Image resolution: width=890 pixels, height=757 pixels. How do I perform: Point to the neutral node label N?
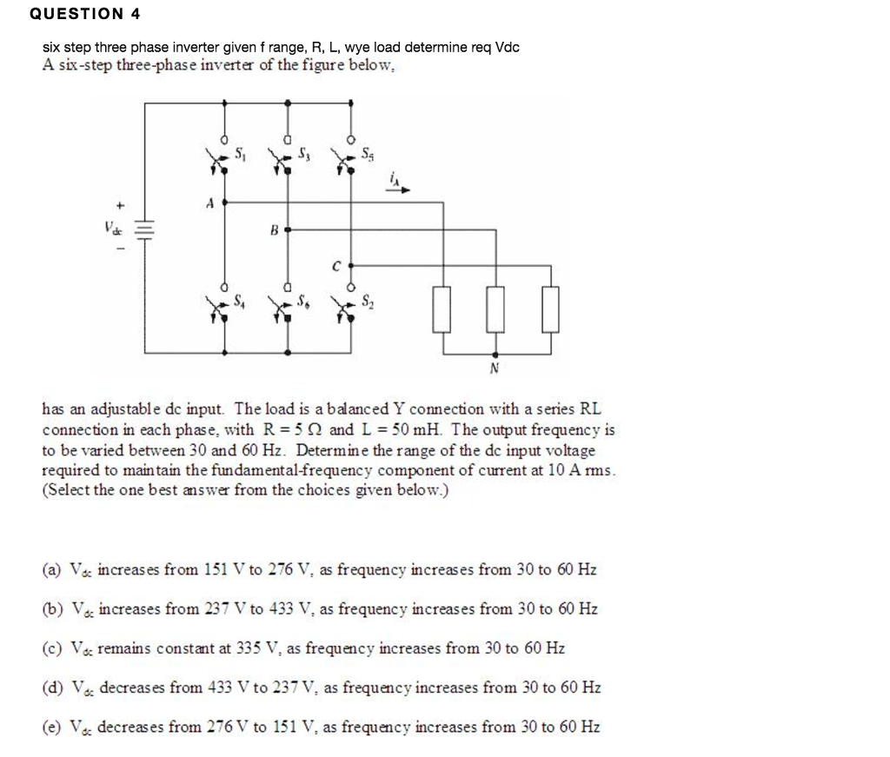pos(495,368)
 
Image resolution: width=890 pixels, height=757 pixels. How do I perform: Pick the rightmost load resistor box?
pos(549,309)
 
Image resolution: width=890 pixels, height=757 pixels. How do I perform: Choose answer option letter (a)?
pos(51,570)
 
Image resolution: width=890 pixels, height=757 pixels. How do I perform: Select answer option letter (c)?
pos(51,648)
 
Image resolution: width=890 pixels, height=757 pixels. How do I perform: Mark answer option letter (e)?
pos(51,727)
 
